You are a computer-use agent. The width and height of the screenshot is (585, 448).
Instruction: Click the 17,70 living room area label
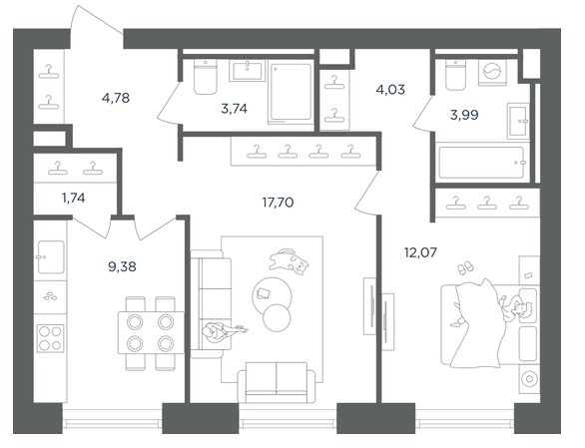[x=278, y=203]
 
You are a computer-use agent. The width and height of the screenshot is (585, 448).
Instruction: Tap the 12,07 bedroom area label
[x=420, y=252]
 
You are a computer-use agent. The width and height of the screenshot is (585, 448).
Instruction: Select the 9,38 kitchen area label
[x=122, y=266]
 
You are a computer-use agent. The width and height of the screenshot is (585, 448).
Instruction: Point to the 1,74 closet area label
[x=74, y=198]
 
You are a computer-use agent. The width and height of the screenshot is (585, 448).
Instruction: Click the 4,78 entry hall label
[x=116, y=98]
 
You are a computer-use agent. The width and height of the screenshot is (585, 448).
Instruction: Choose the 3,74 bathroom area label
[x=235, y=109]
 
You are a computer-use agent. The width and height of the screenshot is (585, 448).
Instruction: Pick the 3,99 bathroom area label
[x=464, y=115]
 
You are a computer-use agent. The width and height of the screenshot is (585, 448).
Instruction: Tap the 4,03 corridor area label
[x=390, y=90]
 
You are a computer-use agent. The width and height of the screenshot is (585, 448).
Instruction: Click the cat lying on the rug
[x=290, y=261]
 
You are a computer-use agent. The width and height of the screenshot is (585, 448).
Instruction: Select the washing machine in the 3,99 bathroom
[x=492, y=72]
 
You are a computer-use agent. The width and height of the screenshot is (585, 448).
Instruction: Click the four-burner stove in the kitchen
[x=50, y=338]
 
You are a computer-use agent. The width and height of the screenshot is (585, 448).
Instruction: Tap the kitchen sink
[x=51, y=257]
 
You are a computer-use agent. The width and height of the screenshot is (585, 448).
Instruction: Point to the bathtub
[x=482, y=163]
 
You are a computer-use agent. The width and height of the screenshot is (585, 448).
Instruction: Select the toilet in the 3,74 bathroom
[x=206, y=77]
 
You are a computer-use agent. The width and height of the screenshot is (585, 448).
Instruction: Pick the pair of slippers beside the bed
[x=465, y=267]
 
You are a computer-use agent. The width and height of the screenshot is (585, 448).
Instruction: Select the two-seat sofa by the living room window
[x=277, y=382]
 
